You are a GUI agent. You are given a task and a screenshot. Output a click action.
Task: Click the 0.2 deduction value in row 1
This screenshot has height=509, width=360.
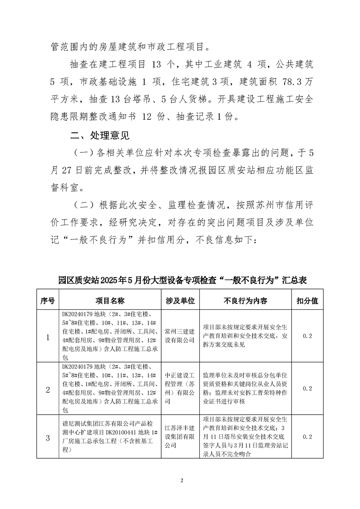pos(307,336)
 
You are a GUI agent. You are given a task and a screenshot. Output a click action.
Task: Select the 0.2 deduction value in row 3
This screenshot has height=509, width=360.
pos(307,437)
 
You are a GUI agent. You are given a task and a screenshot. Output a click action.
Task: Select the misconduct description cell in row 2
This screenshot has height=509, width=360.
pos(246,388)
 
